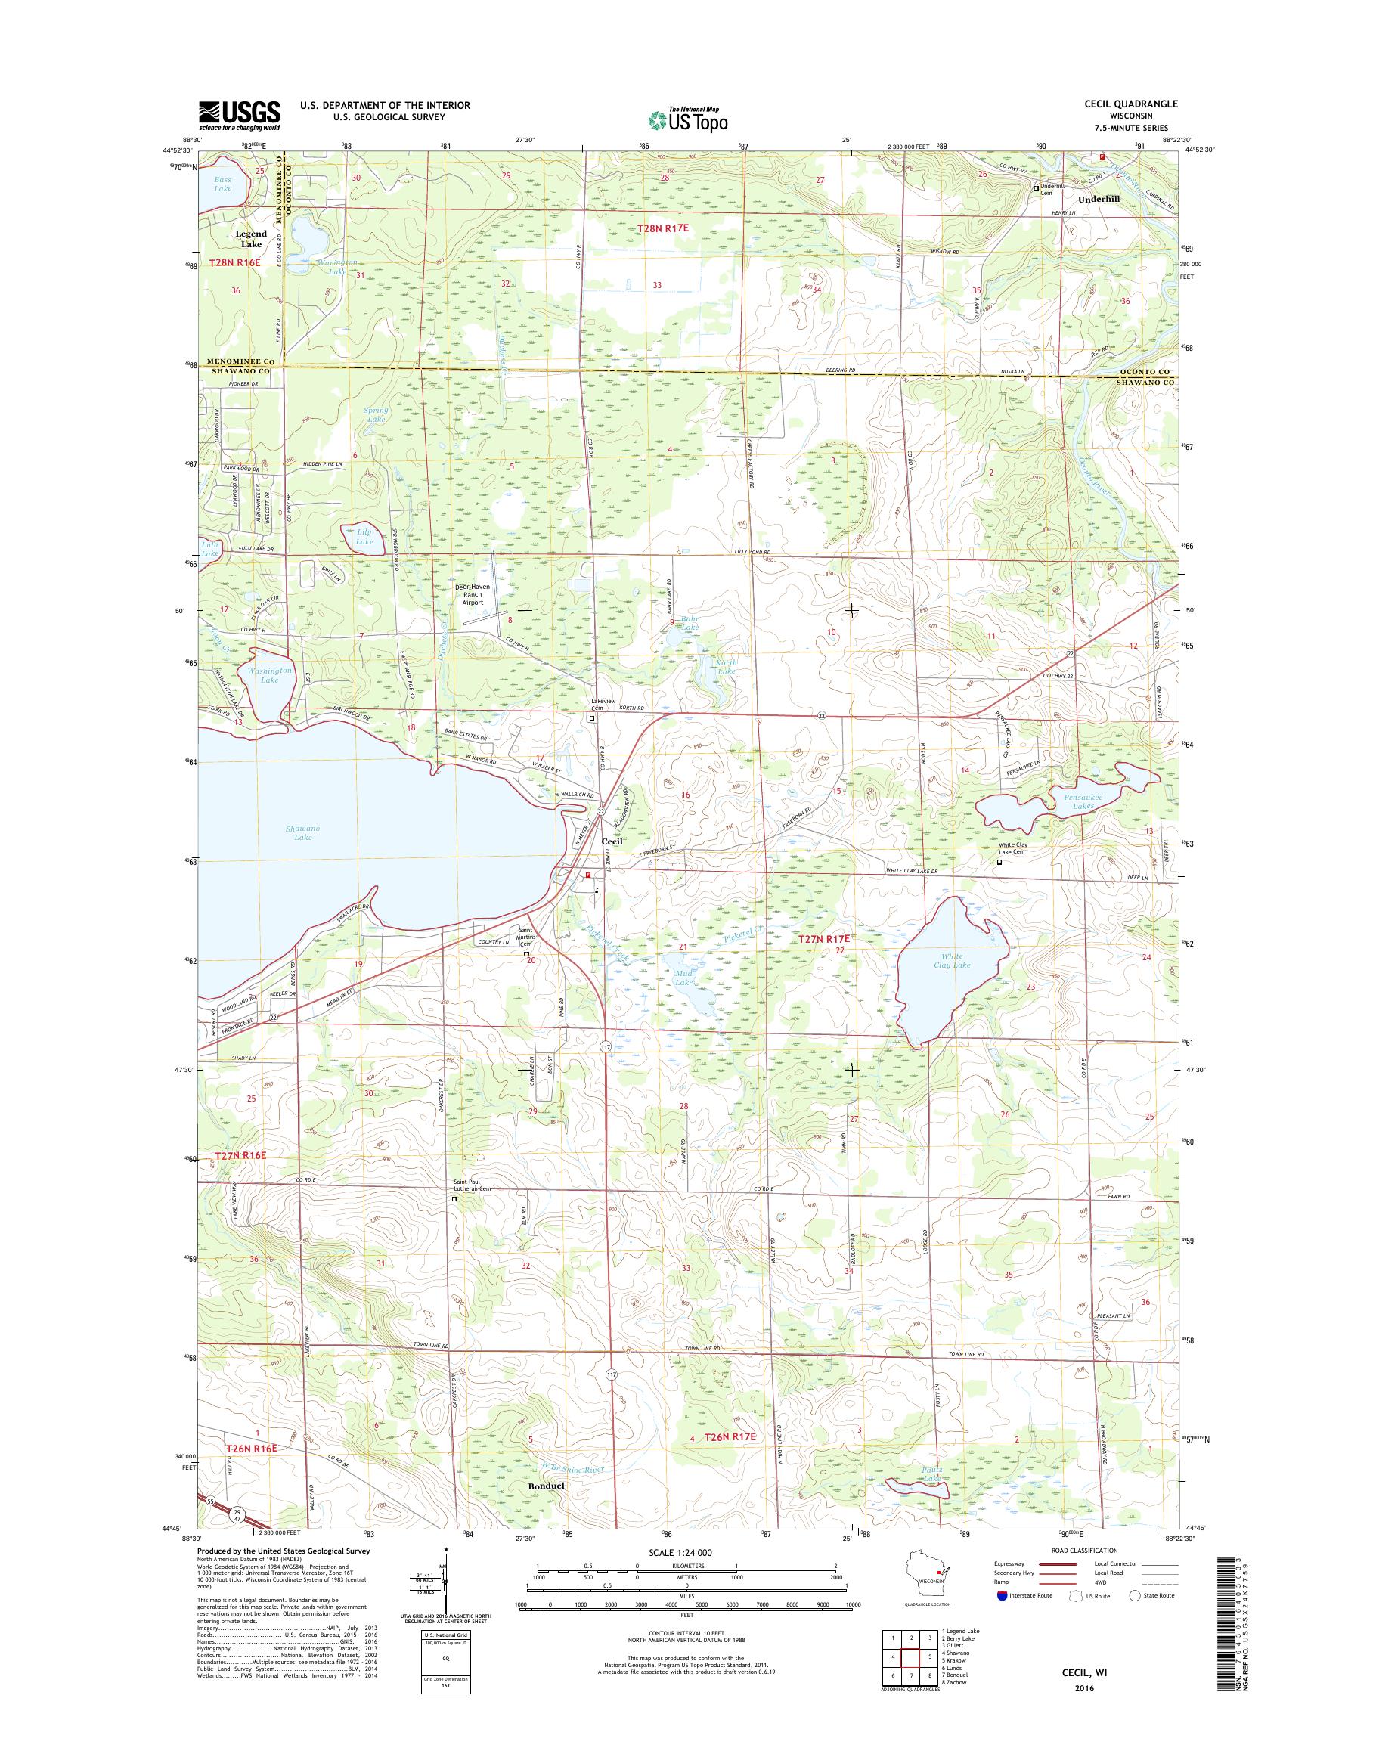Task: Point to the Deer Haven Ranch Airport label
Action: [x=484, y=594]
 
